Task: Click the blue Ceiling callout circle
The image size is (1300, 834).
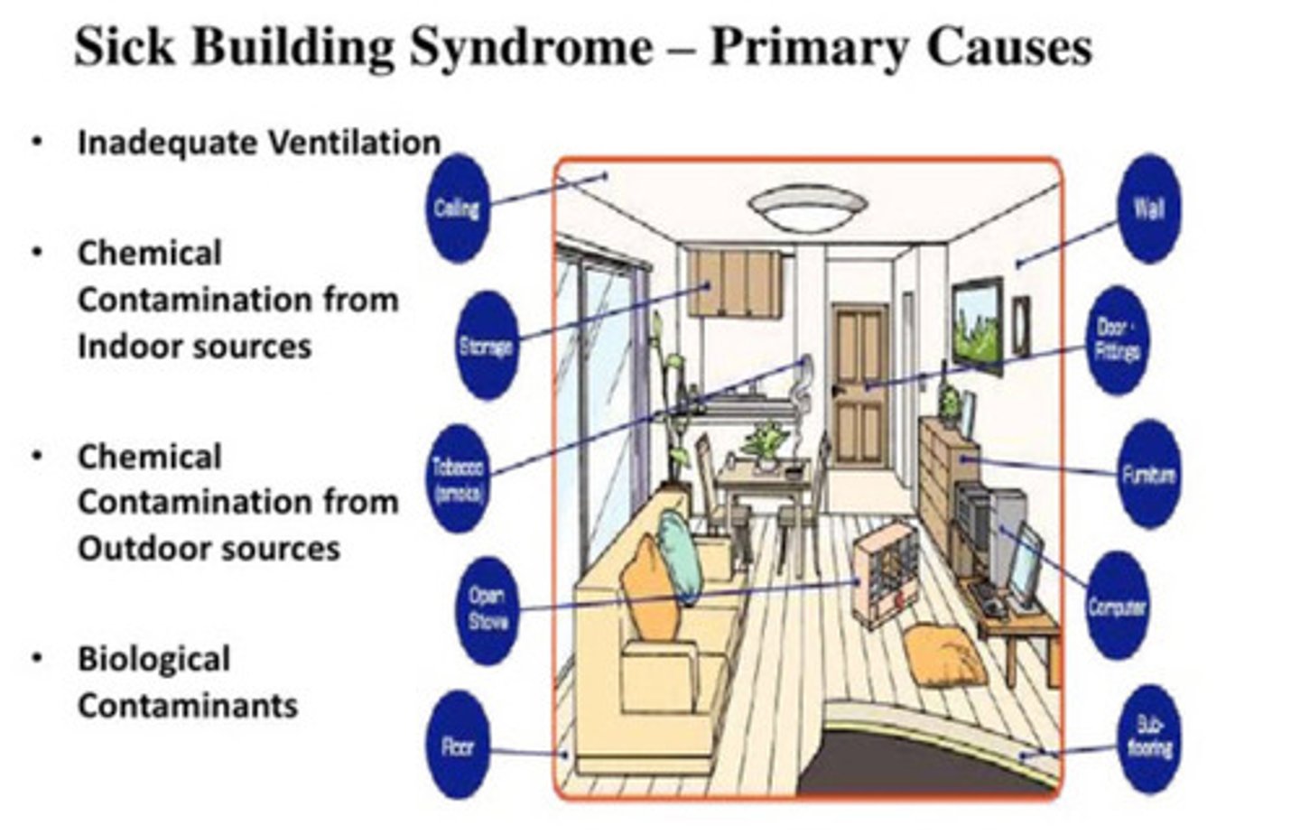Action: click(456, 208)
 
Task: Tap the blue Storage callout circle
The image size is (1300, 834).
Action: click(487, 345)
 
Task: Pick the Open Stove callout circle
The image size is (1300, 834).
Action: click(487, 609)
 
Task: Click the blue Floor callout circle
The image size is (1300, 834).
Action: click(458, 746)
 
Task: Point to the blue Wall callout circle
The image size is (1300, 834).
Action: click(1148, 208)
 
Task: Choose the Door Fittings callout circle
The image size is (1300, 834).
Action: click(1119, 340)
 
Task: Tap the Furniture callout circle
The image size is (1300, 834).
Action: click(1148, 474)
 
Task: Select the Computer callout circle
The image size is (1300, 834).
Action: click(1118, 607)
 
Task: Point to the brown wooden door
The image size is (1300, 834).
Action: click(859, 384)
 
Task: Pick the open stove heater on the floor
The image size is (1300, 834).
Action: click(886, 577)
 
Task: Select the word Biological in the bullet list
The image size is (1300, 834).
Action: click(153, 659)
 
